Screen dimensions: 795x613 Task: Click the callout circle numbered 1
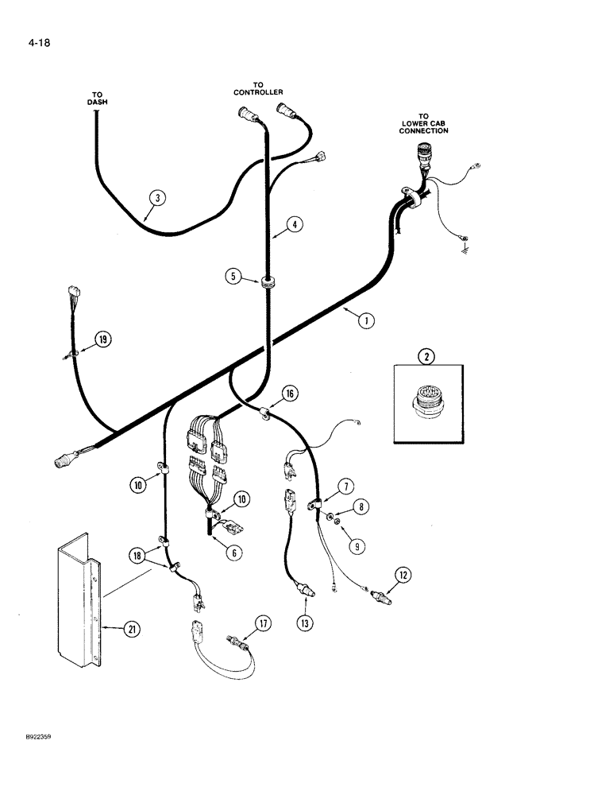(x=365, y=321)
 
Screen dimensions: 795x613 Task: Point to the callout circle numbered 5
(x=233, y=277)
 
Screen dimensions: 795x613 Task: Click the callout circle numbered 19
(x=102, y=340)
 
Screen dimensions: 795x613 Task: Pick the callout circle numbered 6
(x=233, y=552)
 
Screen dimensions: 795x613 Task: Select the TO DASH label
(x=97, y=98)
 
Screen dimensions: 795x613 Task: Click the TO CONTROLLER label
(x=258, y=87)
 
